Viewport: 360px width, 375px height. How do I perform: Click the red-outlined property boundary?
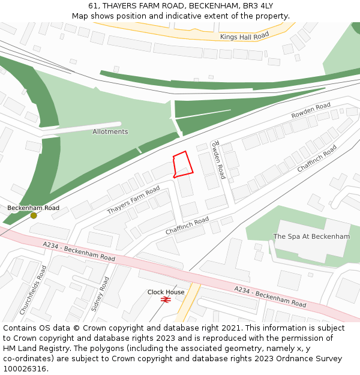(x=183, y=164)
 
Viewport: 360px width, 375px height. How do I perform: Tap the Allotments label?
(x=110, y=131)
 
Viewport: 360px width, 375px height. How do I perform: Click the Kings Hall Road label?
(x=244, y=37)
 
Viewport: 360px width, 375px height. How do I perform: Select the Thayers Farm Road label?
(x=133, y=200)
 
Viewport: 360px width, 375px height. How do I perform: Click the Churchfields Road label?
(x=33, y=290)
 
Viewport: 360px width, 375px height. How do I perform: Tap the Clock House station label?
(x=166, y=292)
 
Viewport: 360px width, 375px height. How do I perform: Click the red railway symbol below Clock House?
(x=166, y=299)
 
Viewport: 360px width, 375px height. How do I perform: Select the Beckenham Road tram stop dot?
(x=34, y=215)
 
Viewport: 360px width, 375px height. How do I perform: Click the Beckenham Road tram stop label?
(x=33, y=208)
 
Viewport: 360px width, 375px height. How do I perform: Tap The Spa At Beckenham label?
(x=311, y=236)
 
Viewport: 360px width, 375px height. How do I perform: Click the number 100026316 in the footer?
(x=25, y=369)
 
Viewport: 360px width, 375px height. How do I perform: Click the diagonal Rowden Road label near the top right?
(x=311, y=110)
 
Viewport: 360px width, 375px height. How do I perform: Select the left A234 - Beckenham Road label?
(x=79, y=251)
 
